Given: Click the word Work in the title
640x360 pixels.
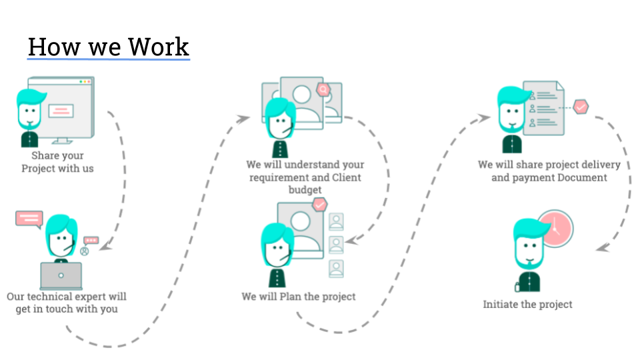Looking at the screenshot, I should [x=159, y=47].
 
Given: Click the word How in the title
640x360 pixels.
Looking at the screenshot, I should [x=53, y=47].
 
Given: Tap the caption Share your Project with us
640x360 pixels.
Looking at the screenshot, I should [x=57, y=162].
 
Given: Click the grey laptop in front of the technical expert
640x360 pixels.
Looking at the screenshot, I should [x=61, y=275].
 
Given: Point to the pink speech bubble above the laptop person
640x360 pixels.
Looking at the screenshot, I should [x=29, y=219].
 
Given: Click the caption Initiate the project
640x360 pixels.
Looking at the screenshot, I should [x=527, y=304].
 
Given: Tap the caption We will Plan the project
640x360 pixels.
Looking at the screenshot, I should [x=299, y=296].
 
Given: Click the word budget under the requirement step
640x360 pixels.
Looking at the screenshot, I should [x=305, y=190].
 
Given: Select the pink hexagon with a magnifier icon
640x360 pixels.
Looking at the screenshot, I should [x=324, y=89].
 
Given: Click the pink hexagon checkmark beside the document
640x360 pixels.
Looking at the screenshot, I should [x=581, y=106].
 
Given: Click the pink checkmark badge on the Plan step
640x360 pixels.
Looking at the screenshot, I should [x=321, y=204].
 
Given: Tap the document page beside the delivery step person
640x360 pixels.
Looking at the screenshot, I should [x=541, y=110].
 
